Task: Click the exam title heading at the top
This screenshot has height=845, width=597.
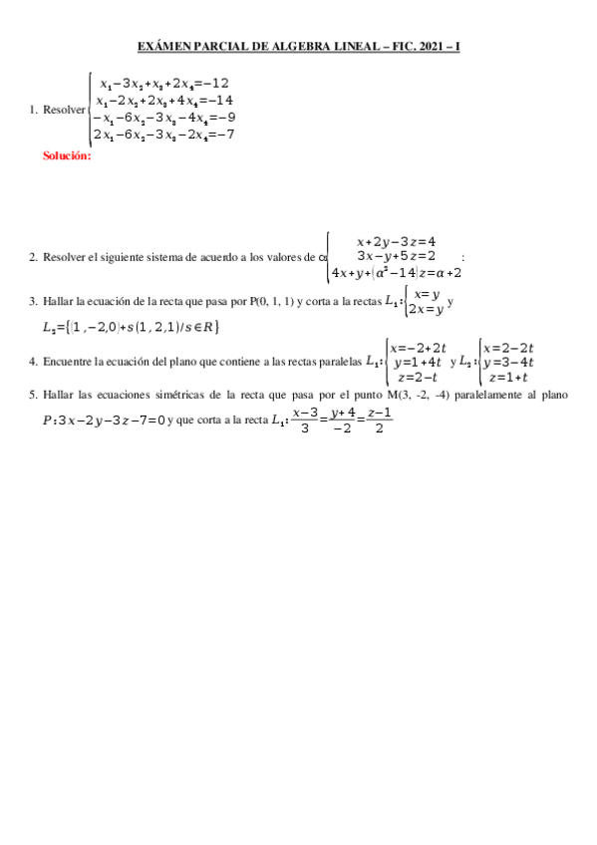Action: (x=298, y=47)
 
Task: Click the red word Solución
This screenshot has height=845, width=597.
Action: (x=67, y=156)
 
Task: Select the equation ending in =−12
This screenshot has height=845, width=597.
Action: (x=165, y=84)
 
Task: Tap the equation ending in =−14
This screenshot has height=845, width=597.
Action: (x=165, y=101)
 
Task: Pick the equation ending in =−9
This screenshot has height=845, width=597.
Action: (x=163, y=118)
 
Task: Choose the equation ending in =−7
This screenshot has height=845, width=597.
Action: (x=163, y=135)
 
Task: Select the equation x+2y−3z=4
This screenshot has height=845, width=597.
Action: (x=396, y=241)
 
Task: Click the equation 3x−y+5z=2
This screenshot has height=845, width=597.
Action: (x=396, y=256)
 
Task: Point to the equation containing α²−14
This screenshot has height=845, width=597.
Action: (x=396, y=272)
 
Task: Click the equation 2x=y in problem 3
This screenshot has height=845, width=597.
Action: (x=425, y=309)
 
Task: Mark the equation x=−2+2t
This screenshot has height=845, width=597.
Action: (x=418, y=348)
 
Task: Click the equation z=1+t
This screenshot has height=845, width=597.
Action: (x=507, y=378)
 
